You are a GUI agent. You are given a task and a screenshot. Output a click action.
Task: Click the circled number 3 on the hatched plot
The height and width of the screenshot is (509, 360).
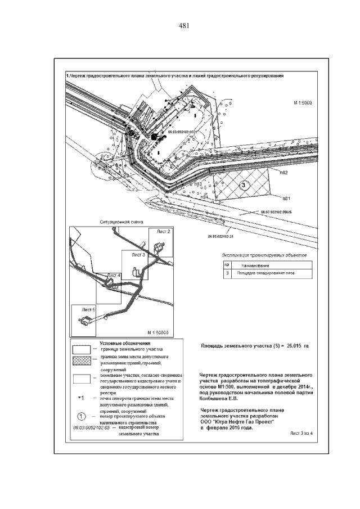(x=243, y=184)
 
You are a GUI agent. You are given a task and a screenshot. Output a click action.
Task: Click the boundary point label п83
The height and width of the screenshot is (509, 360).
(x=197, y=184)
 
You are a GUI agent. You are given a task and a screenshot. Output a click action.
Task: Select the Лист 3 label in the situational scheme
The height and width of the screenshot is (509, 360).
(x=139, y=255)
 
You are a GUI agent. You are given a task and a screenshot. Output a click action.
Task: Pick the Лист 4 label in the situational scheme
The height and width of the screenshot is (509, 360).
(x=114, y=275)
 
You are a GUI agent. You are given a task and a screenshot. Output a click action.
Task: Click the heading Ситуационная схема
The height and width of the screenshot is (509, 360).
(x=118, y=222)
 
